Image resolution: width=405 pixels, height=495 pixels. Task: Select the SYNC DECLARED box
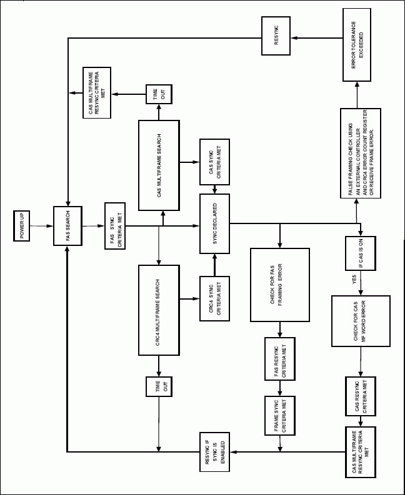(214, 224)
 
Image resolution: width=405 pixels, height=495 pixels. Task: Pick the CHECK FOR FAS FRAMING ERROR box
(279, 285)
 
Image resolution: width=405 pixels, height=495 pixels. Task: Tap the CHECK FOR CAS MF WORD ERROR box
(361, 321)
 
